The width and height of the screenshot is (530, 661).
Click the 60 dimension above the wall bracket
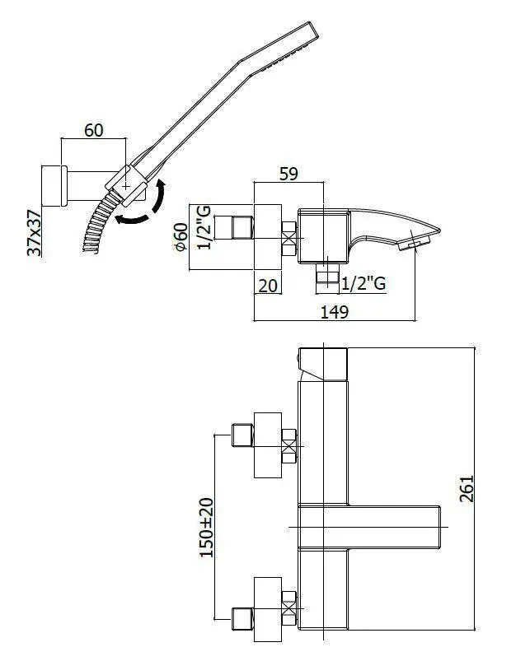93,131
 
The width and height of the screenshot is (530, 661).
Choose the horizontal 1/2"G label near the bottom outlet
363,282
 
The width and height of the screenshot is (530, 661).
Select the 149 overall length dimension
335,312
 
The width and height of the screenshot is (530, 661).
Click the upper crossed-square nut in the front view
289,449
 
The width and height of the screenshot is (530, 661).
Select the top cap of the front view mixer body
323,364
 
